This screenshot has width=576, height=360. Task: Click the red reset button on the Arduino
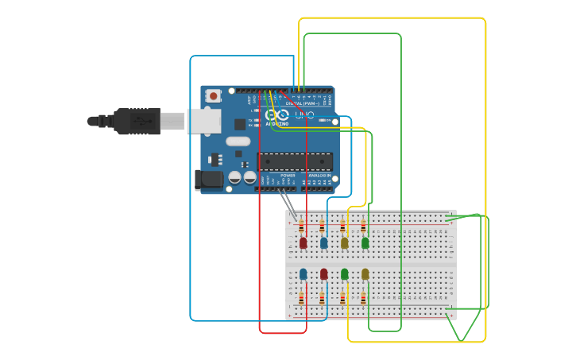pos(213,96)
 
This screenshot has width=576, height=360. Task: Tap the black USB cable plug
pos(135,121)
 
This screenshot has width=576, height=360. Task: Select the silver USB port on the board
pos(204,121)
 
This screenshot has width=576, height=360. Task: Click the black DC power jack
pos(208,180)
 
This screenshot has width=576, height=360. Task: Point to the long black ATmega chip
pos(295,161)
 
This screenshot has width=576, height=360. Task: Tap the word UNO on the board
pos(304,115)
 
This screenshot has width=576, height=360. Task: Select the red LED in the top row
pos(303,242)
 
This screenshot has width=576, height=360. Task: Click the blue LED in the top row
pos(323,242)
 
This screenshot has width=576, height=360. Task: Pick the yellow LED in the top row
pos(344,242)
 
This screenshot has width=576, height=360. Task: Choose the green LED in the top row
pos(365,242)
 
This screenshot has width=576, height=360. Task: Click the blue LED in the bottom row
pos(303,274)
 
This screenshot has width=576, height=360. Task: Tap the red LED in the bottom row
pos(323,274)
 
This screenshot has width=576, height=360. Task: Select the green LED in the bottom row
pos(344,274)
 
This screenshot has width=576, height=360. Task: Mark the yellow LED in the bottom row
pos(365,274)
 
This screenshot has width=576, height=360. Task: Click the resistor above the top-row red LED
pos(301,226)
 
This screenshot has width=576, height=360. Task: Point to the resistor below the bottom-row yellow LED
pos(363,298)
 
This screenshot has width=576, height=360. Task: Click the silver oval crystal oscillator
pos(238,141)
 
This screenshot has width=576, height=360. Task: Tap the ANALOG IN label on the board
pos(319,176)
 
